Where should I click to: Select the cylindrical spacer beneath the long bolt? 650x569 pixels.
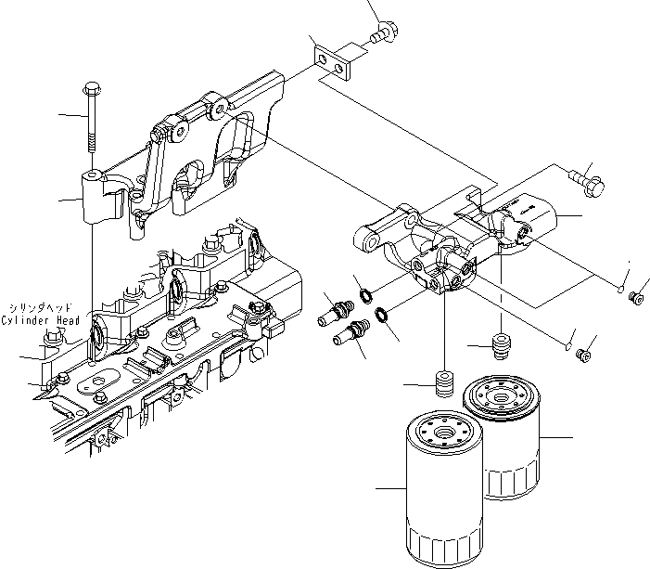click(98, 196)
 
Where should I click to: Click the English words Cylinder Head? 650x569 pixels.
click(39, 321)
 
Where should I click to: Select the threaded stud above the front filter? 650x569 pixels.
click(444, 382)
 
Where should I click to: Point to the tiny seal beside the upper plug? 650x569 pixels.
click(620, 289)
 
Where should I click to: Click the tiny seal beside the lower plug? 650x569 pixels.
click(567, 346)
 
